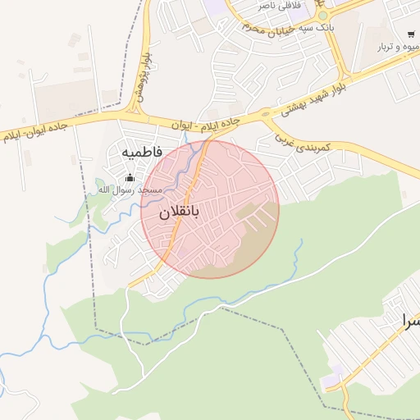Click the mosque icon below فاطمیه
(x=129, y=178)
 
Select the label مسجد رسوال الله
(x=127, y=190)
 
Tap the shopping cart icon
(x=410, y=34)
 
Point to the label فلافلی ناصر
(x=279, y=6)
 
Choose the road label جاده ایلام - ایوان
(x=206, y=123)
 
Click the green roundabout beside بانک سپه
(x=323, y=16)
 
